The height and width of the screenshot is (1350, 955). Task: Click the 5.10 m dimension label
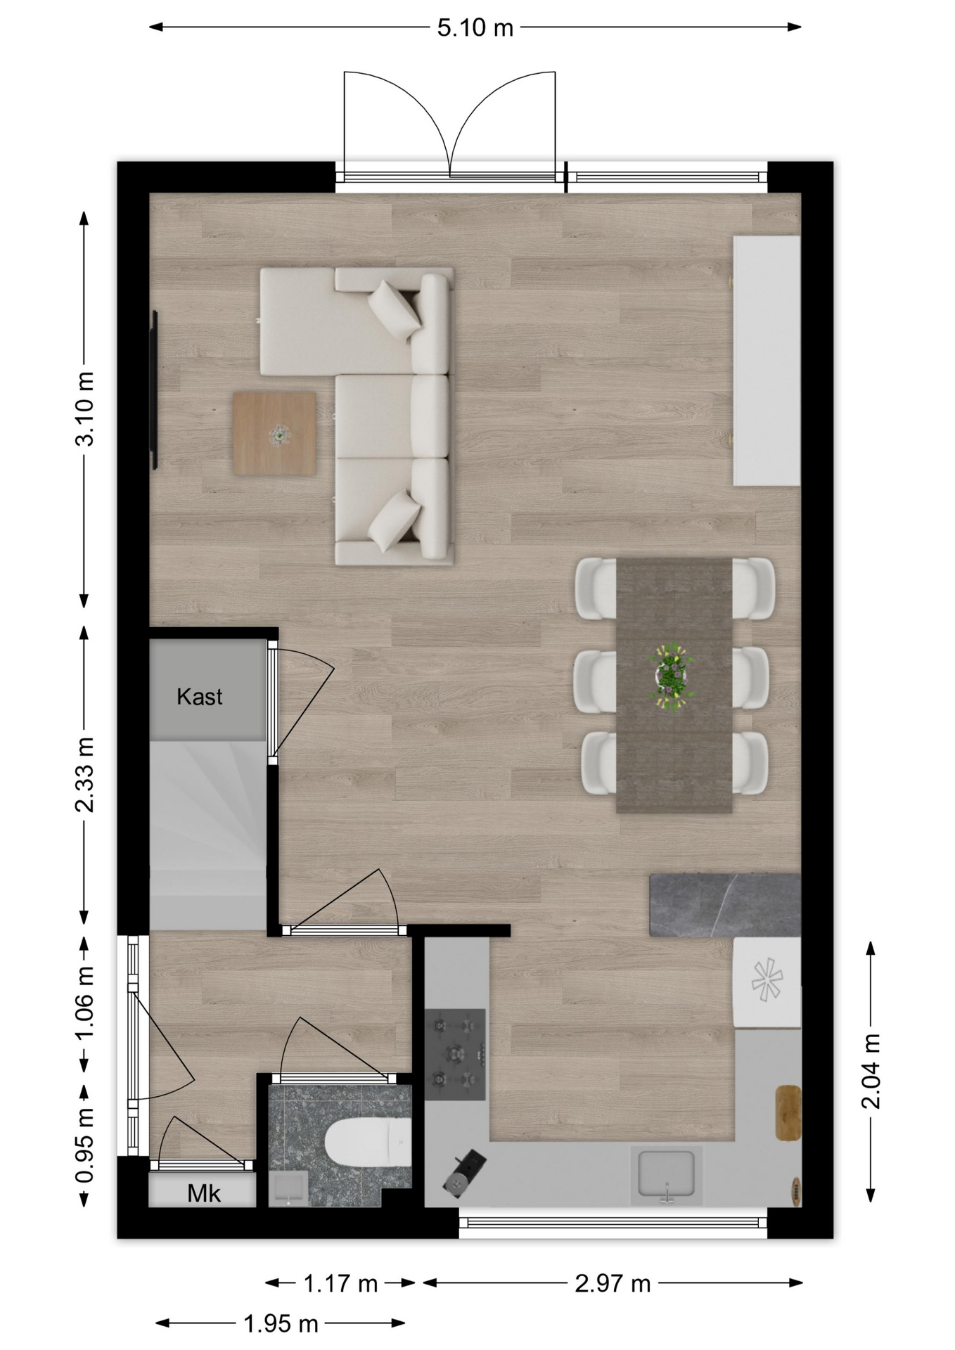tap(475, 28)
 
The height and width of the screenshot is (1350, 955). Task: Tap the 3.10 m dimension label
tap(84, 409)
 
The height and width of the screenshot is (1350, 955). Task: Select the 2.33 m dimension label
tap(84, 775)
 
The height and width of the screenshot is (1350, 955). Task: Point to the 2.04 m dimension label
tap(871, 1071)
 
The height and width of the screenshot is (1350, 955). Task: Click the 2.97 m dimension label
tap(613, 1284)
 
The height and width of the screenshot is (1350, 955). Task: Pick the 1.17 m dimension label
tap(340, 1284)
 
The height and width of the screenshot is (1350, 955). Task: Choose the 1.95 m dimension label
tap(281, 1324)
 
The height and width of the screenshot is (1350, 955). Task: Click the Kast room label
tap(200, 697)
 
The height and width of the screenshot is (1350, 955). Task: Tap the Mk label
tap(204, 1193)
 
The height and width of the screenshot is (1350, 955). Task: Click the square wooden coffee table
tap(274, 434)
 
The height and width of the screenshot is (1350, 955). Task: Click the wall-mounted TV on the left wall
tap(155, 390)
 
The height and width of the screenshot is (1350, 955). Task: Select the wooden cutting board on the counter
tap(788, 1112)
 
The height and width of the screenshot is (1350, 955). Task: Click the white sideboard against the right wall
tap(767, 361)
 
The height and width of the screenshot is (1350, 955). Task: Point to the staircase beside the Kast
tap(208, 835)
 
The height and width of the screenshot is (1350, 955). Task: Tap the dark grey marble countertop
tap(725, 905)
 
